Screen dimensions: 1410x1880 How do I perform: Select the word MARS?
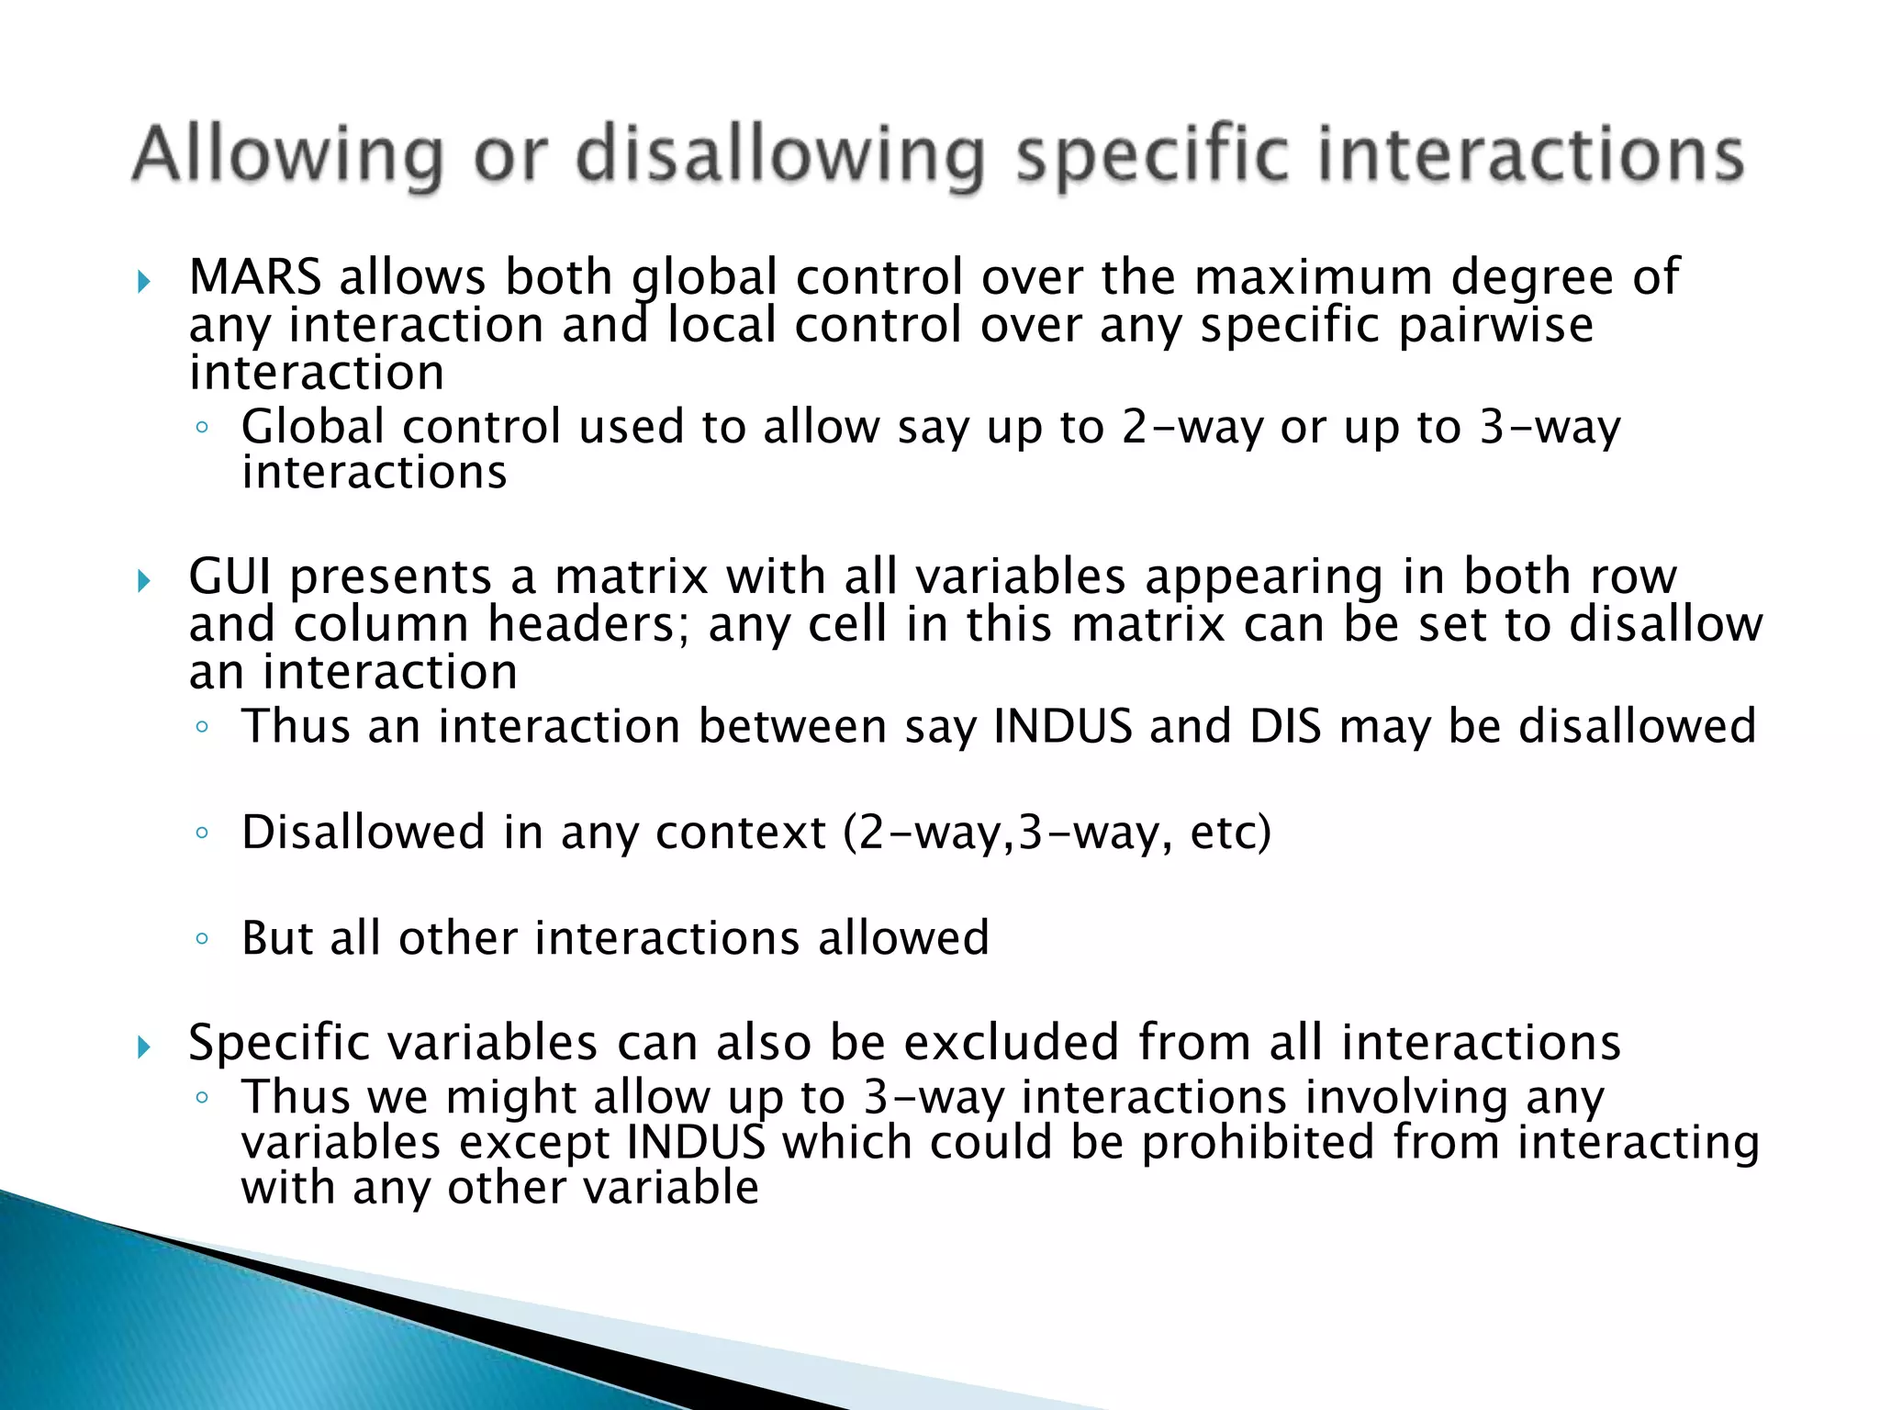255,276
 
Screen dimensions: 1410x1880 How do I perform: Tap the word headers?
587,624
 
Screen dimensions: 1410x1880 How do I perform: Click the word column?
382,624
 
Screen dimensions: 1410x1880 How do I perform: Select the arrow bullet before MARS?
143,281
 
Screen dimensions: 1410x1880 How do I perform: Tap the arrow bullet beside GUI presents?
143,580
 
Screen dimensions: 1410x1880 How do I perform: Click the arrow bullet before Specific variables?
143,1046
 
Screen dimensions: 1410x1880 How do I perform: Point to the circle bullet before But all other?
202,939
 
